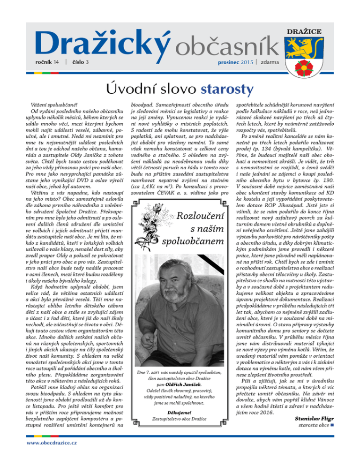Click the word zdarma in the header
[x=270, y=62]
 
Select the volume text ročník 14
[x=47, y=62]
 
